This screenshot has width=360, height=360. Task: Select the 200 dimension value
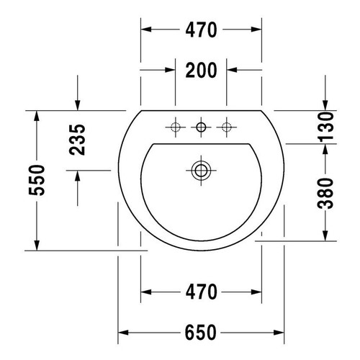tap(201, 71)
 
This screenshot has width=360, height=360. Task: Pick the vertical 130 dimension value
tap(327, 127)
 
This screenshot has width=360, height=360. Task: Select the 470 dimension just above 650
tap(201, 292)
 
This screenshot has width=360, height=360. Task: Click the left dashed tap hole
tap(175, 128)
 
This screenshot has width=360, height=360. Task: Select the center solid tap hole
tap(201, 128)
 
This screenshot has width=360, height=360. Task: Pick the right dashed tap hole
tap(227, 128)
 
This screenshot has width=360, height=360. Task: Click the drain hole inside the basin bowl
tap(201, 170)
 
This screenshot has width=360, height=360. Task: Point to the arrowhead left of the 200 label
tap(171, 71)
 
